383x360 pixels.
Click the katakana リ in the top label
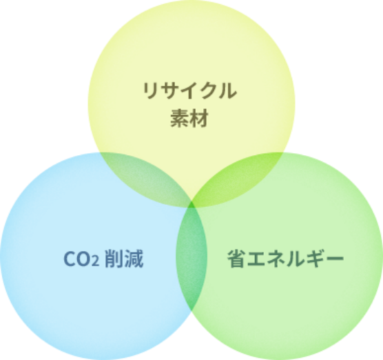pyautogui.click(x=149, y=90)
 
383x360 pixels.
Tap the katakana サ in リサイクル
pyautogui.click(x=168, y=90)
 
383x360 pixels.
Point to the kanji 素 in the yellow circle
pyautogui.click(x=180, y=119)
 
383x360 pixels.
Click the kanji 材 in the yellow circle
pyautogui.click(x=198, y=119)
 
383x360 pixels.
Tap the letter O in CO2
pyautogui.click(x=83, y=259)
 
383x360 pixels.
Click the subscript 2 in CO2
pyautogui.click(x=95, y=261)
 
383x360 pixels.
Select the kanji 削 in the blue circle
pyautogui.click(x=114, y=259)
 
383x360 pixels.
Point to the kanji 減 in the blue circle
pyautogui.click(x=134, y=259)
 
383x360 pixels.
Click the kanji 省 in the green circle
pyautogui.click(x=236, y=259)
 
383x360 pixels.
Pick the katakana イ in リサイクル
pyautogui.click(x=187, y=90)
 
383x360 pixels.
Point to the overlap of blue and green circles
pyautogui.click(x=191, y=257)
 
